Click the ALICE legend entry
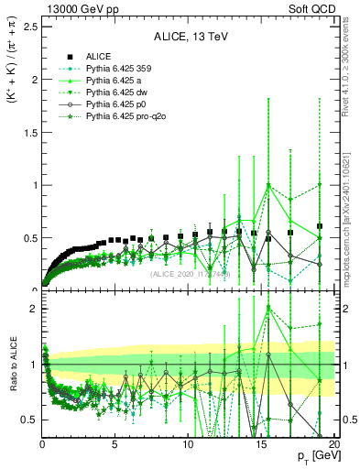pyautogui.click(x=99, y=57)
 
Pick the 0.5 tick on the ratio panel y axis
pyautogui.click(x=30, y=420)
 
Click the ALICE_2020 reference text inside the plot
pyautogui.click(x=190, y=273)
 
